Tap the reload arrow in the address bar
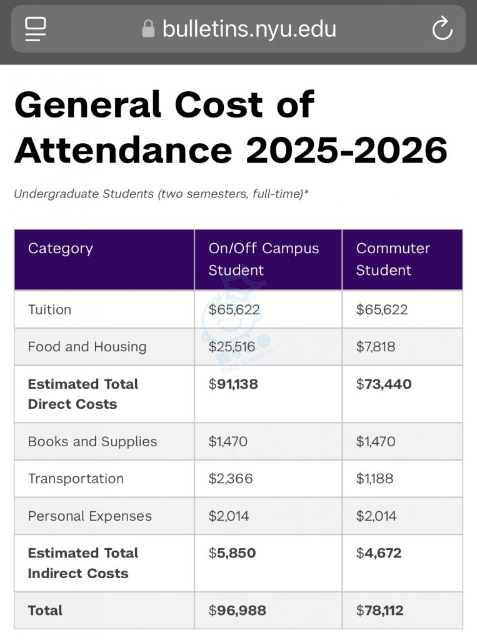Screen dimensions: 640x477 pos(442,28)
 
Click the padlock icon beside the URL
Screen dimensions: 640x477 pos(148,29)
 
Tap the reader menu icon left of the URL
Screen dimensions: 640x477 pos(36,29)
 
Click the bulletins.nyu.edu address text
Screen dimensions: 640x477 pos(249,29)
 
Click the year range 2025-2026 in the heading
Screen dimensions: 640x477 pos(346,150)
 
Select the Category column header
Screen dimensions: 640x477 pos(60,248)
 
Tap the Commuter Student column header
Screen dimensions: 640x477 pos(393,259)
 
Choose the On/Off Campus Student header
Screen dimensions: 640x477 pos(263,259)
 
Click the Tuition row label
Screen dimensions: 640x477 pos(49,309)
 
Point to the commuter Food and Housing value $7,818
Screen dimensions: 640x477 pos(375,347)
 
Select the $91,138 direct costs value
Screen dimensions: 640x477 pos(233,384)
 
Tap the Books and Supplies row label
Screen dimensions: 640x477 pos(92,441)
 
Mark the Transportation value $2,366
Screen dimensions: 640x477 pos(230,479)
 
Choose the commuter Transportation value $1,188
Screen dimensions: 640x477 pos(375,479)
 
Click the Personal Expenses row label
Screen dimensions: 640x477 pos(89,516)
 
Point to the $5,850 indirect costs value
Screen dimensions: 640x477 pos(232,553)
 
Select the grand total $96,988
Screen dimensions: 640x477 pos(237,611)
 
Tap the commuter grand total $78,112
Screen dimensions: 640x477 pos(379,611)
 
